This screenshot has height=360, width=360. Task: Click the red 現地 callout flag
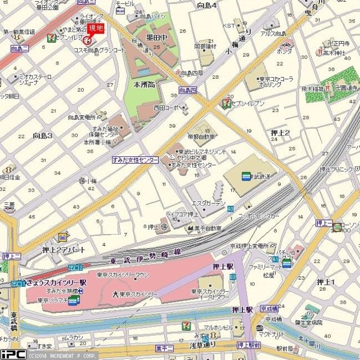96,28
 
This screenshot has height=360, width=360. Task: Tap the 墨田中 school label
156,38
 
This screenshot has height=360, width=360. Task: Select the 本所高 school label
143,83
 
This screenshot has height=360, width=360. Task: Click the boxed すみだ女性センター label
134,160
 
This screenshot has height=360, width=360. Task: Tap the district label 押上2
280,133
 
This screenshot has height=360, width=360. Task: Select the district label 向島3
42,136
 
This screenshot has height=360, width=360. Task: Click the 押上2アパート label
64,249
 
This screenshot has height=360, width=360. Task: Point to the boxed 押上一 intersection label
324,223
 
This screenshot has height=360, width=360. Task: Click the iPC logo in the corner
12,354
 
